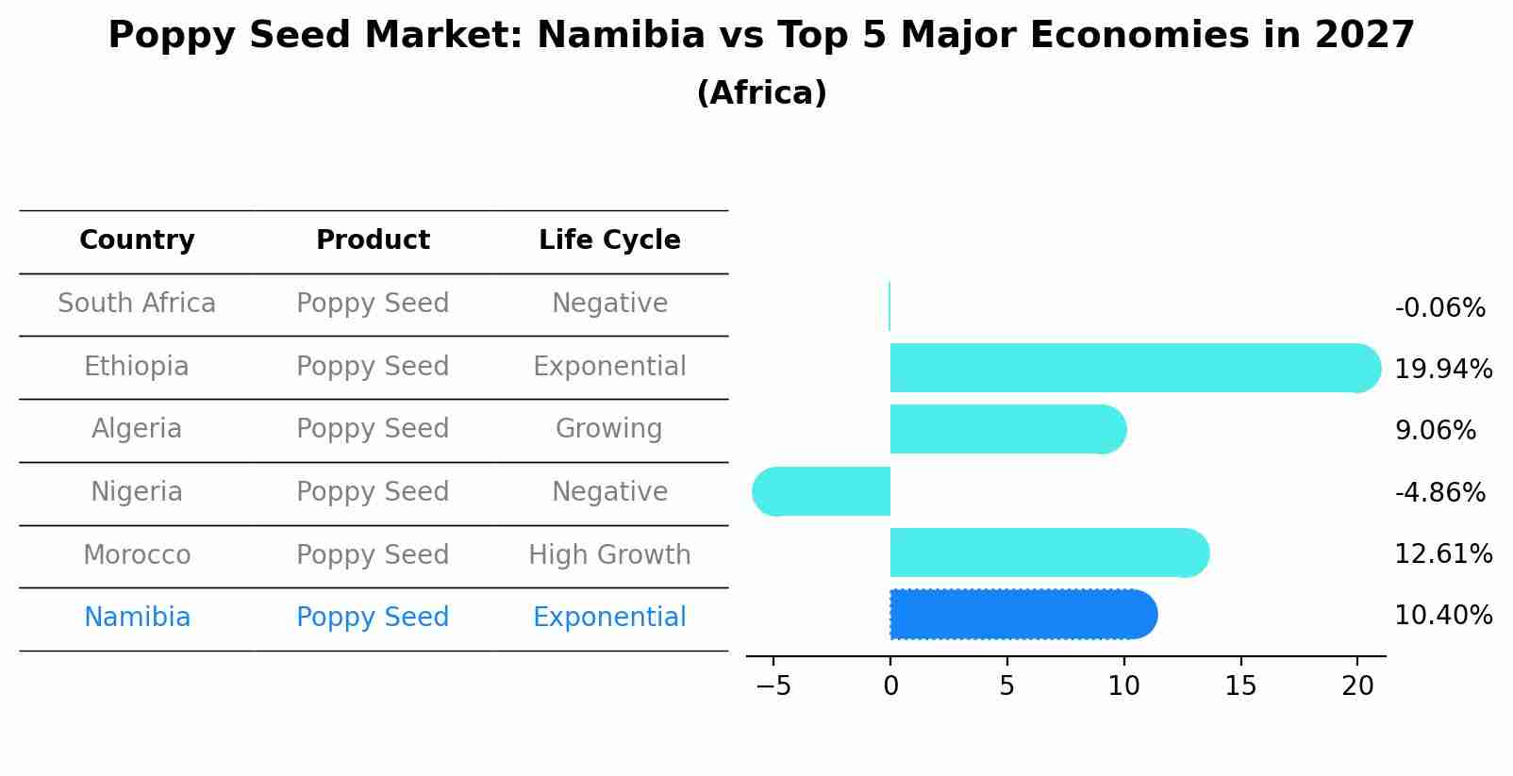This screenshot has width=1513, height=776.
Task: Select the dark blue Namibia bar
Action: click(1023, 615)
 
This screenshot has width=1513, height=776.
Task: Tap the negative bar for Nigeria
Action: click(822, 491)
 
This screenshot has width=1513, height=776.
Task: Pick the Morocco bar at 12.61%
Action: click(1047, 553)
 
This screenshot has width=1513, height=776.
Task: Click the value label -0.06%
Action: click(1439, 308)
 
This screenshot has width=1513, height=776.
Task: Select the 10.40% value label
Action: click(1443, 616)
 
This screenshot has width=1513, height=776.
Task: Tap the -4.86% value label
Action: click(1439, 492)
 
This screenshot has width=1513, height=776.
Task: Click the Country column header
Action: click(137, 240)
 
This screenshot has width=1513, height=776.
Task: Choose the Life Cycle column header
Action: click(609, 240)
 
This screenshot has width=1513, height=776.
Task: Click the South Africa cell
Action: click(137, 304)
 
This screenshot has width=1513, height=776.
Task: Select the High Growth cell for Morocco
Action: click(609, 554)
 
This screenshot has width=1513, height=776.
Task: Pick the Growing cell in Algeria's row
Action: click(609, 429)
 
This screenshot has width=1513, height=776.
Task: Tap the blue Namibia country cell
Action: click(137, 618)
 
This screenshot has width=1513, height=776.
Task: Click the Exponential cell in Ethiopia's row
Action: click(609, 367)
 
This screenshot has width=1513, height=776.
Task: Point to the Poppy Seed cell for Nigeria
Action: click(373, 492)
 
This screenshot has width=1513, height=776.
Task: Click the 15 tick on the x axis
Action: click(1240, 686)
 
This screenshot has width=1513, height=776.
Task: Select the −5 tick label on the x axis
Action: click(773, 686)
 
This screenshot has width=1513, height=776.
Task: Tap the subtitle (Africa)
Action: click(761, 93)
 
